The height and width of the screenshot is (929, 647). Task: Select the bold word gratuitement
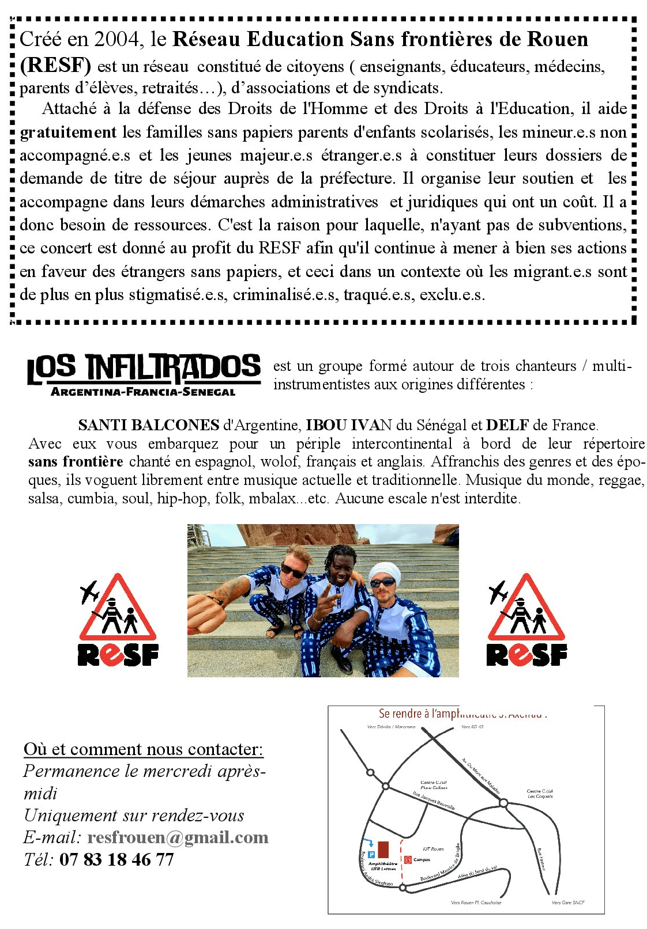68,132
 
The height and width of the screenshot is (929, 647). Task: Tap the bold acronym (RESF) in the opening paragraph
55,65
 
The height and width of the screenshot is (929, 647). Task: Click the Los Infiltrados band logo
144,369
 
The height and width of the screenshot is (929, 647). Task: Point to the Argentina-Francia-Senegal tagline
143,392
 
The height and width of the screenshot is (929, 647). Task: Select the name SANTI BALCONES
148,425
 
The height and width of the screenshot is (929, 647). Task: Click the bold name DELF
507,425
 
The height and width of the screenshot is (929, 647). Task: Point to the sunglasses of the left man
293,571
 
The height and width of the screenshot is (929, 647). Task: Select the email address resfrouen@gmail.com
178,837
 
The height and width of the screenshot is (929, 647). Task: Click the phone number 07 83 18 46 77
116,860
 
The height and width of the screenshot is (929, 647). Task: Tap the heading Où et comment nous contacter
143,749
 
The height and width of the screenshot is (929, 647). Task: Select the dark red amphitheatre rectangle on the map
384,850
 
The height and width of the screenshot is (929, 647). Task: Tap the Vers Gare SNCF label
568,903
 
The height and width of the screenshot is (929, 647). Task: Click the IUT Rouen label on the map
433,849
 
